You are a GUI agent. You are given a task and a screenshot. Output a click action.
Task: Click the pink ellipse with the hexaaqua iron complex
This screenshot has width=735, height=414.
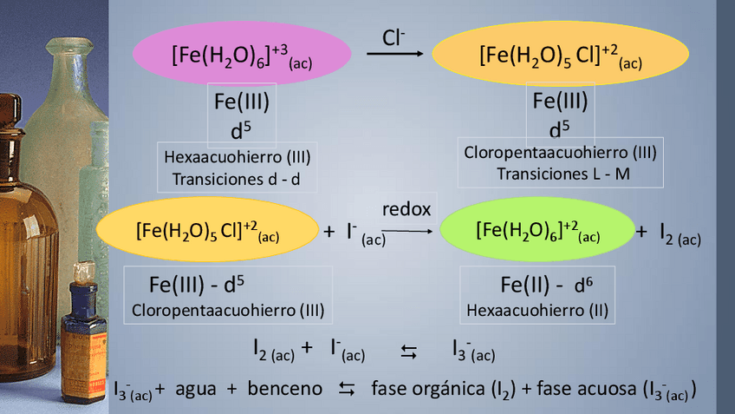(x=241, y=55)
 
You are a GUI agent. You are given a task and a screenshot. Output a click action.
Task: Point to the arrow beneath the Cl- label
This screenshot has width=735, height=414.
(x=395, y=54)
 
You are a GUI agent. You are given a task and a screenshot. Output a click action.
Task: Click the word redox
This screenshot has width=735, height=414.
(x=406, y=210)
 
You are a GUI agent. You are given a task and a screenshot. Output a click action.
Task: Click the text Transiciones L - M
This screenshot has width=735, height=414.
(x=563, y=174)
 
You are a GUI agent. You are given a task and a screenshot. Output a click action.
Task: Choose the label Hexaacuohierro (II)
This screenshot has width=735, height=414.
(x=537, y=310)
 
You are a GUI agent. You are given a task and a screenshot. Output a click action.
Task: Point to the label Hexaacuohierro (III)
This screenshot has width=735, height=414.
(x=237, y=157)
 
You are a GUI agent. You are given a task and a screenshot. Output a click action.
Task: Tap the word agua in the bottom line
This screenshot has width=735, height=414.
(x=196, y=388)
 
